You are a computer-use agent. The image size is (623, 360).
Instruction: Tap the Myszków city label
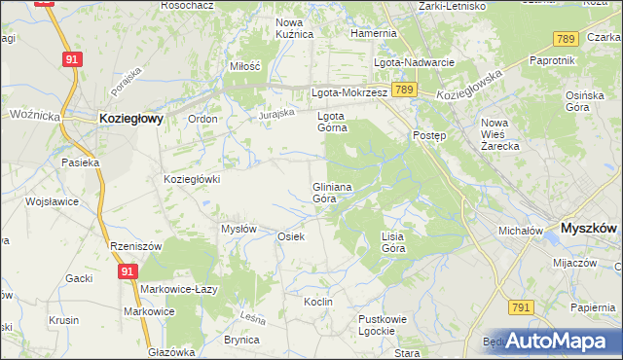(589, 228)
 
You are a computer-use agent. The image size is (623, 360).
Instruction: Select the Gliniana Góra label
(331, 192)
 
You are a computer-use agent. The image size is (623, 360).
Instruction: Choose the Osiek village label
(292, 237)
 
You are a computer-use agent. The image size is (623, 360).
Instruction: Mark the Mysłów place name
(238, 229)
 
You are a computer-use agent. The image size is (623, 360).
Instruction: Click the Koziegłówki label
(193, 179)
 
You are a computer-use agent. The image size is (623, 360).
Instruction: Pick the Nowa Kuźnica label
(294, 28)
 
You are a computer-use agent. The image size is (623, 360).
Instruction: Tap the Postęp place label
(429, 135)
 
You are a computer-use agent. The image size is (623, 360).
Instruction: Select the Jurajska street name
(276, 115)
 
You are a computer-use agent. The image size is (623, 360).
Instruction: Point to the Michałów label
(520, 232)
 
